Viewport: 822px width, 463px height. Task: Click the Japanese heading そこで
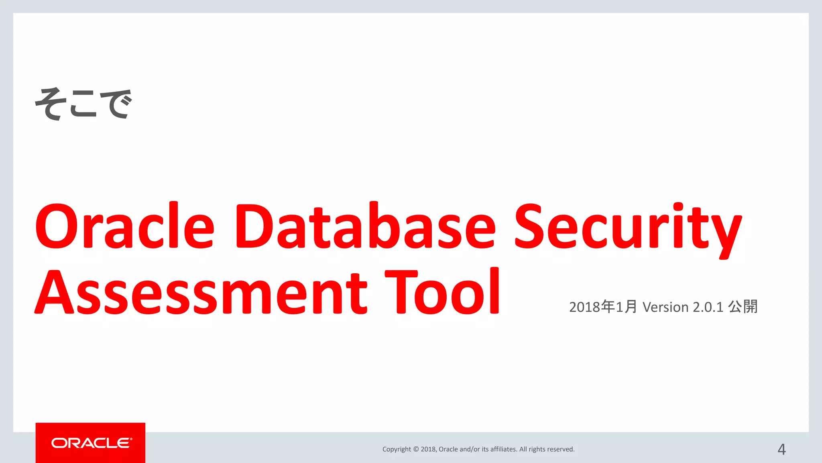point(83,104)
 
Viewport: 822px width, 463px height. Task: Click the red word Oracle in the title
point(125,226)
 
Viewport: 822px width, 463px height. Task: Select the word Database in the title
point(365,226)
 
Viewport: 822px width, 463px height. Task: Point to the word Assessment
point(201,293)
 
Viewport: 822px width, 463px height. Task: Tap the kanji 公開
point(743,307)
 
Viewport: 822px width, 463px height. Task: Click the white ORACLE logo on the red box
point(91,443)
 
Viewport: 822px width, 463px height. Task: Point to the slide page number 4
point(781,449)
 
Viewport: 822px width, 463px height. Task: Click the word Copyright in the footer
point(397,449)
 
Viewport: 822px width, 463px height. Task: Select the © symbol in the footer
point(416,449)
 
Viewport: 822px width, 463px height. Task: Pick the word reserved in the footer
point(561,449)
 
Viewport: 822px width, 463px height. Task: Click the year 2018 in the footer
point(428,449)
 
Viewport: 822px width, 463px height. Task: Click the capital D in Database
point(254,226)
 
